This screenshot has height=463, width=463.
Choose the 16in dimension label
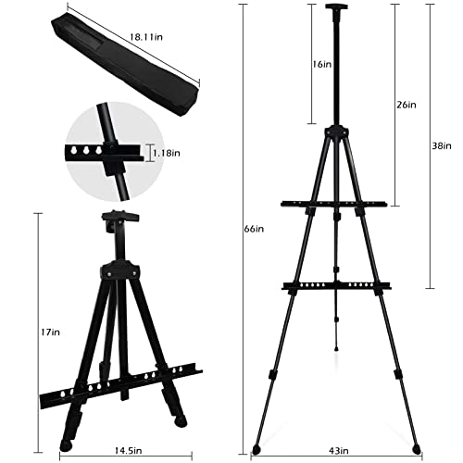322,65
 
